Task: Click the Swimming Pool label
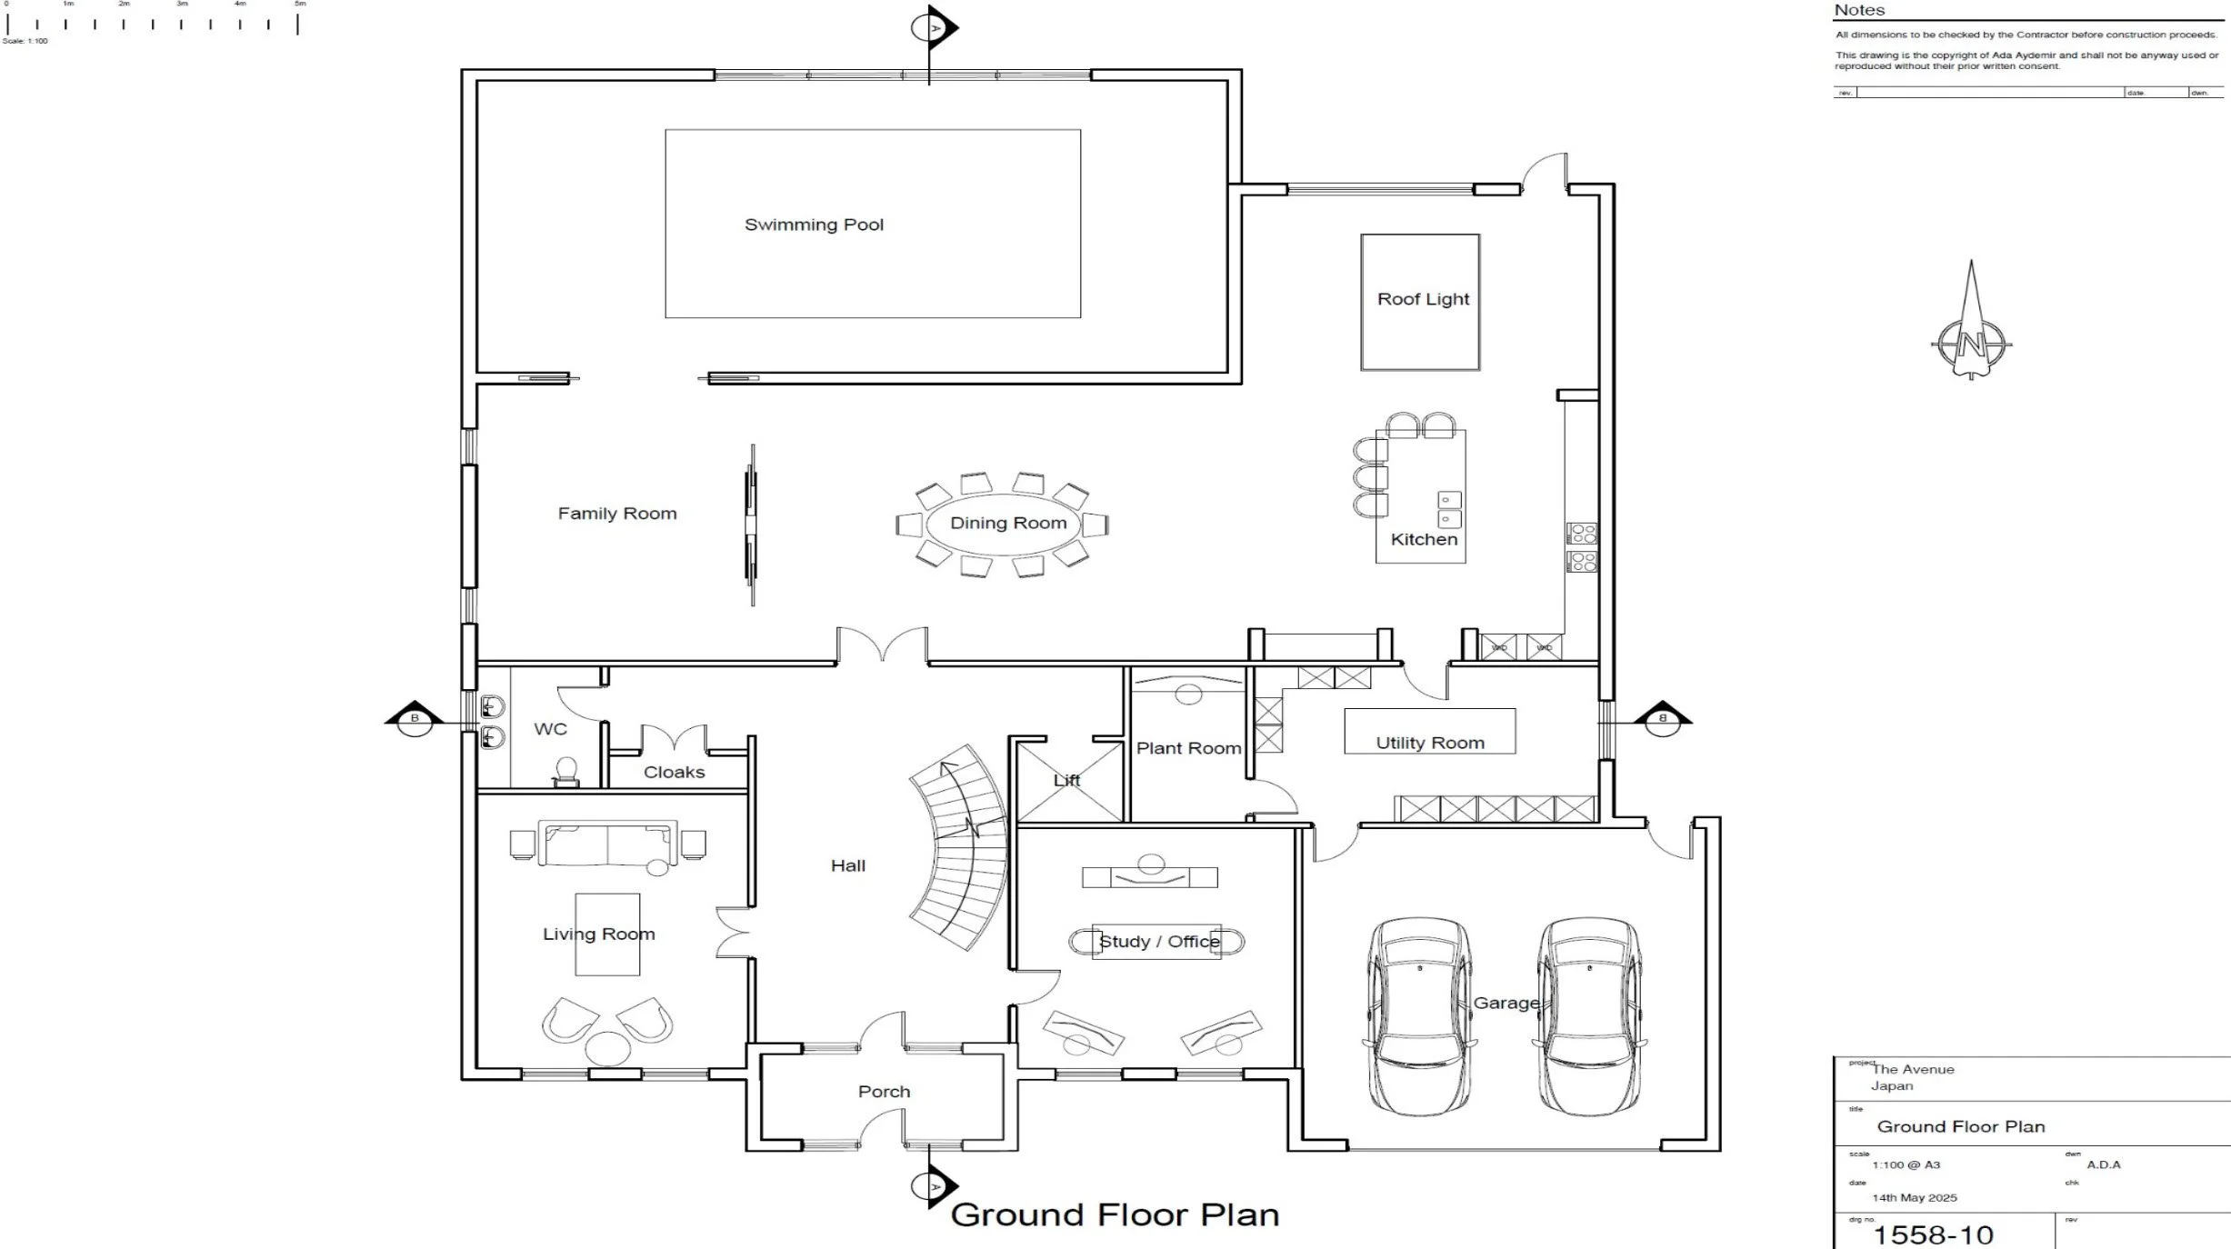814,225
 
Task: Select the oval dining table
1003,524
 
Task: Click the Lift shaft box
1069,782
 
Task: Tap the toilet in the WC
566,771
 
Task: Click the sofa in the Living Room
607,844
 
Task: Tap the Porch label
884,1092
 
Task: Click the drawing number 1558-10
1933,1234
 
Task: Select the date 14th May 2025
1914,1197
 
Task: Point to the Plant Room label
1188,748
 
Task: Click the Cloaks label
674,772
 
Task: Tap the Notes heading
1859,11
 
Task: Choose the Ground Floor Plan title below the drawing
1115,1215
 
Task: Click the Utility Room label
1429,743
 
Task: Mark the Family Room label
617,514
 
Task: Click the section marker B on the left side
415,718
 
